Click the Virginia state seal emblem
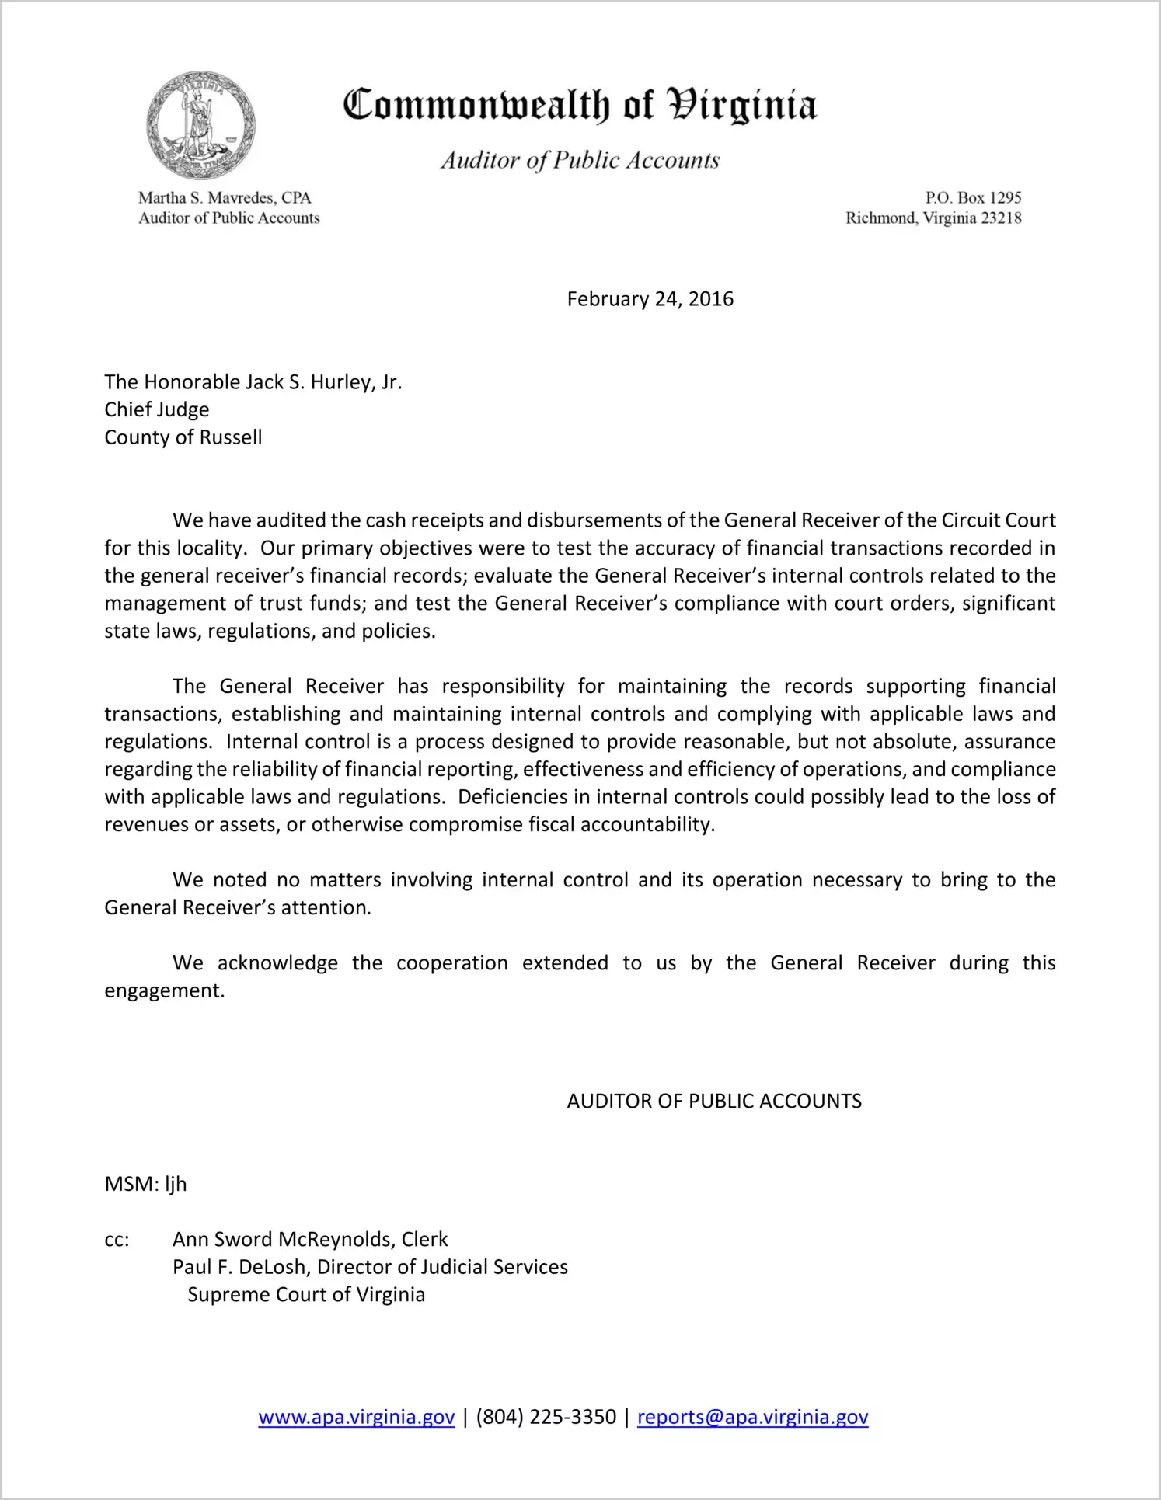[200, 126]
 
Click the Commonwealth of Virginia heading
[580, 105]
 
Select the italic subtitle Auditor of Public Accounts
[580, 160]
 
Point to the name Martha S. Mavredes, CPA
[225, 198]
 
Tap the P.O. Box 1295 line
[973, 198]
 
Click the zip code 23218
[1001, 218]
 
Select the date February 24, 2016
[650, 299]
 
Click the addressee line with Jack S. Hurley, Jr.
[253, 382]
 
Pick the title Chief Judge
[157, 409]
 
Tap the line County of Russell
[183, 437]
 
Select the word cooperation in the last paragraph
[452, 963]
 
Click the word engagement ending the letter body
[163, 991]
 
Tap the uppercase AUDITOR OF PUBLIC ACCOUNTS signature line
[714, 1102]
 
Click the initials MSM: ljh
[146, 1185]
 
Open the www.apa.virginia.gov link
[357, 1418]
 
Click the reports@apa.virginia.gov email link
[752, 1418]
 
